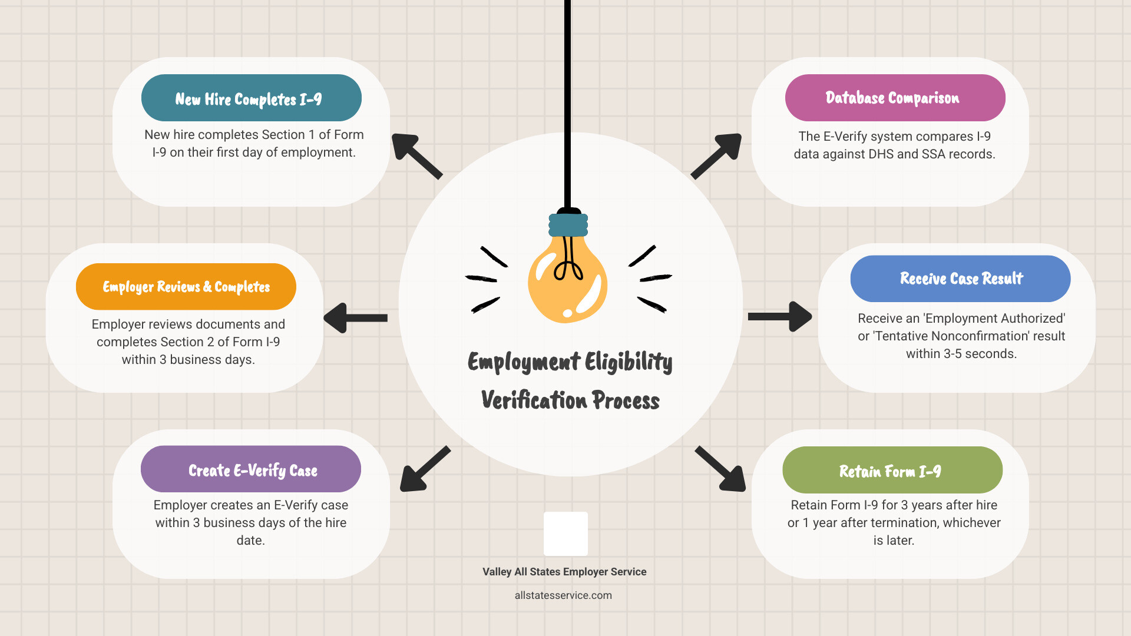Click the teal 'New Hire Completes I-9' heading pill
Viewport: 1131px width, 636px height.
pyautogui.click(x=251, y=98)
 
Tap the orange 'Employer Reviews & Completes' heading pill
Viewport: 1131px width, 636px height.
pyautogui.click(x=186, y=287)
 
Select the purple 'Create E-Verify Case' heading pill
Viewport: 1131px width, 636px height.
pyautogui.click(x=251, y=469)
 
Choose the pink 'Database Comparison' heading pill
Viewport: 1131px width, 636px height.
pyautogui.click(x=895, y=98)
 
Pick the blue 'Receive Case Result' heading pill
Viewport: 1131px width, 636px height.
pyautogui.click(x=960, y=279)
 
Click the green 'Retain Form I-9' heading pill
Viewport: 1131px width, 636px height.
pyautogui.click(x=892, y=470)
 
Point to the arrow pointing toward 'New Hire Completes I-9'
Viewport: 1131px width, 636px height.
pyautogui.click(x=416, y=155)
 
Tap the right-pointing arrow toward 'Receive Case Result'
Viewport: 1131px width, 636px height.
pyautogui.click(x=780, y=317)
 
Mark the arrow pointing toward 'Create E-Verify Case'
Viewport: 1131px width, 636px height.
pyautogui.click(x=424, y=469)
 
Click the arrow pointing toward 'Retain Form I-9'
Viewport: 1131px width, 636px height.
pyautogui.click(x=721, y=469)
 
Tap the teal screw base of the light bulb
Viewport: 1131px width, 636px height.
pyautogui.click(x=568, y=225)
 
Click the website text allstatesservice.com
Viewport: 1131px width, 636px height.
pyautogui.click(x=563, y=595)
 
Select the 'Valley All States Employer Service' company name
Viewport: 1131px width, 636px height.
pyautogui.click(x=564, y=572)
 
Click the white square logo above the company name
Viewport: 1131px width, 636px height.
pyautogui.click(x=565, y=534)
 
